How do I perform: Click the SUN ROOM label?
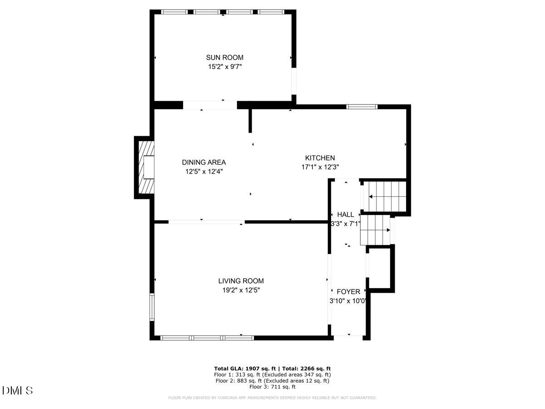click(224, 57)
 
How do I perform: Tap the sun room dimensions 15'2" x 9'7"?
click(224, 67)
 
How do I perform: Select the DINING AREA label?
click(203, 162)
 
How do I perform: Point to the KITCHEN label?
click(320, 158)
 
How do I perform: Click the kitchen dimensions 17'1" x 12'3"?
click(320, 167)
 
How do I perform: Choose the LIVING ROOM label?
click(241, 281)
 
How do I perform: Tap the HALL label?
click(345, 214)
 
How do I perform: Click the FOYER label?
click(348, 291)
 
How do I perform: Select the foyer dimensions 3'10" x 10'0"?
click(348, 301)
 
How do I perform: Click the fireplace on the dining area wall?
click(146, 167)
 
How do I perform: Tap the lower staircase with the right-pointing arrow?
click(375, 230)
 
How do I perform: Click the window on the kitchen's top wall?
click(362, 107)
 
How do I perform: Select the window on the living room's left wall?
click(152, 307)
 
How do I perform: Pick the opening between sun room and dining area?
click(210, 105)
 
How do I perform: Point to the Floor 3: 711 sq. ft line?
click(272, 387)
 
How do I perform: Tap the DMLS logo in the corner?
click(18, 390)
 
